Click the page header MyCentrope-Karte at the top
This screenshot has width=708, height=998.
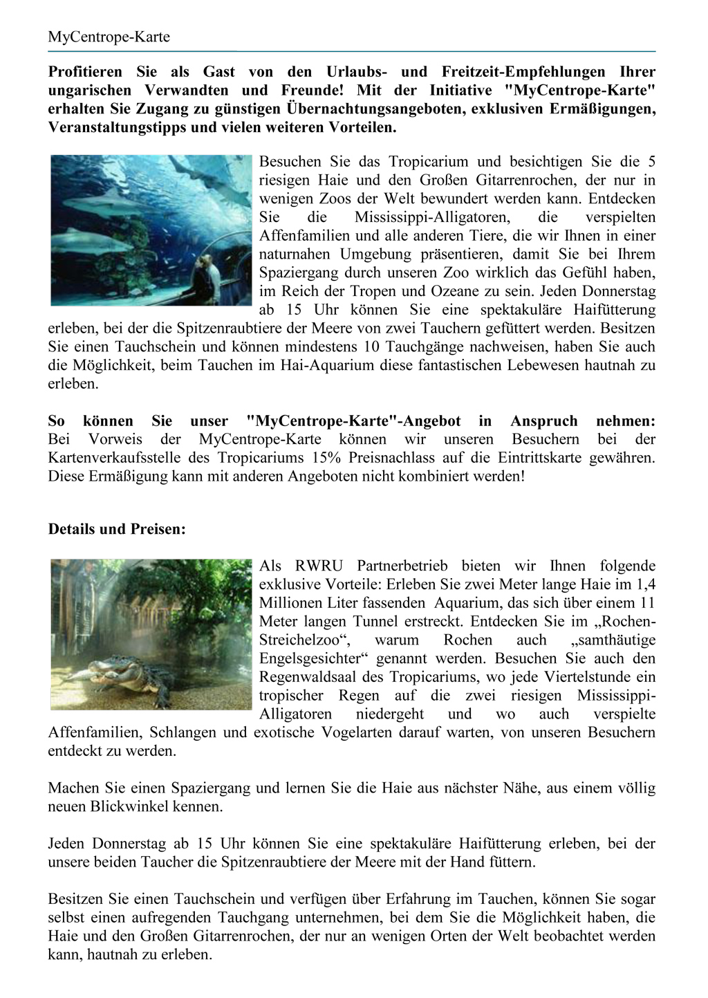(109, 37)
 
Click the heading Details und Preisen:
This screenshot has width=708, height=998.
(117, 530)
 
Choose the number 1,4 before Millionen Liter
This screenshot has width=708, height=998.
(645, 585)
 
